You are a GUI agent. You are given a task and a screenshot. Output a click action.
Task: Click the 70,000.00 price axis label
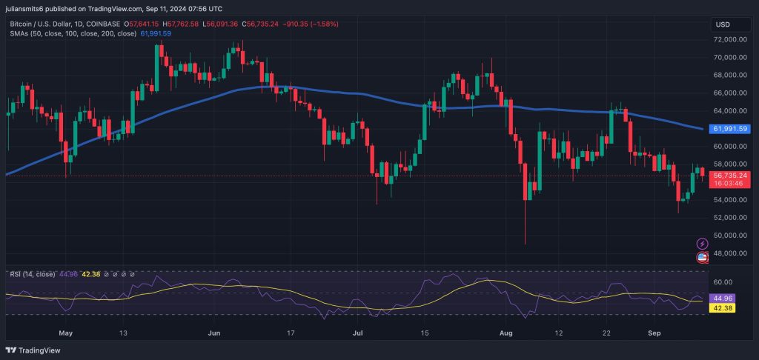pyautogui.click(x=729, y=58)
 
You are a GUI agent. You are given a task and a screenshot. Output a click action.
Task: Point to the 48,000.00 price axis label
pyautogui.click(x=729, y=253)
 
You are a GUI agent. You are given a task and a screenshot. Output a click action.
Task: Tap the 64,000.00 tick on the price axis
pyautogui.click(x=729, y=111)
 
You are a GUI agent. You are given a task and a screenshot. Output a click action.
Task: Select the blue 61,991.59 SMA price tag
pyautogui.click(x=729, y=129)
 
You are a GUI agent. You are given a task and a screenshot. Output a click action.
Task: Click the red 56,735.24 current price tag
pyautogui.click(x=729, y=176)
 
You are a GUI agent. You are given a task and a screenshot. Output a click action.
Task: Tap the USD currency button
pyautogui.click(x=722, y=24)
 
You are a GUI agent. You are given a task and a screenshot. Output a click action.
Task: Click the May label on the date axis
pyautogui.click(x=67, y=334)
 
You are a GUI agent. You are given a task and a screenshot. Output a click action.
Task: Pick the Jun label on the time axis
pyautogui.click(x=215, y=334)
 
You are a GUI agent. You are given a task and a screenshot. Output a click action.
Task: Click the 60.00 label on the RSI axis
pyautogui.click(x=723, y=282)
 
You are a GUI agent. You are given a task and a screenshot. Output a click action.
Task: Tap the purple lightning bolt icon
pyautogui.click(x=702, y=244)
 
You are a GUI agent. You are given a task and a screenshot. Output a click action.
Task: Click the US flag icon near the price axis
pyautogui.click(x=702, y=257)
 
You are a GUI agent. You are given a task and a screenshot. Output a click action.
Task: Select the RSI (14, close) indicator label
pyautogui.click(x=32, y=274)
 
